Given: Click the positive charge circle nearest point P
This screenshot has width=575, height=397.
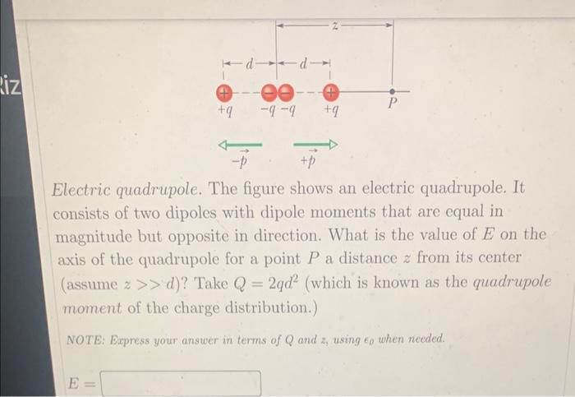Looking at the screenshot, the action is click(x=330, y=91).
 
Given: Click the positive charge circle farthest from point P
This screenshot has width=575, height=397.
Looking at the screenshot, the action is click(x=223, y=91).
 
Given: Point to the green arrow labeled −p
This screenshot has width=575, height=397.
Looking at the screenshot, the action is click(x=239, y=145).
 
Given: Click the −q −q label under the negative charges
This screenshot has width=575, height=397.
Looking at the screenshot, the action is click(x=277, y=109).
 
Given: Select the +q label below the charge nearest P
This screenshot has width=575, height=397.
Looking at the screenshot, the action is click(x=330, y=109).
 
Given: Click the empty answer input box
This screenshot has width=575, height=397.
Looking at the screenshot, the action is click(x=181, y=384).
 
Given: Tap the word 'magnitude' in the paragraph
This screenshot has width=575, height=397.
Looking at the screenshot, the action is click(x=94, y=237).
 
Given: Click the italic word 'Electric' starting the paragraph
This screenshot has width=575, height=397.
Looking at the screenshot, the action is click(x=83, y=190).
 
